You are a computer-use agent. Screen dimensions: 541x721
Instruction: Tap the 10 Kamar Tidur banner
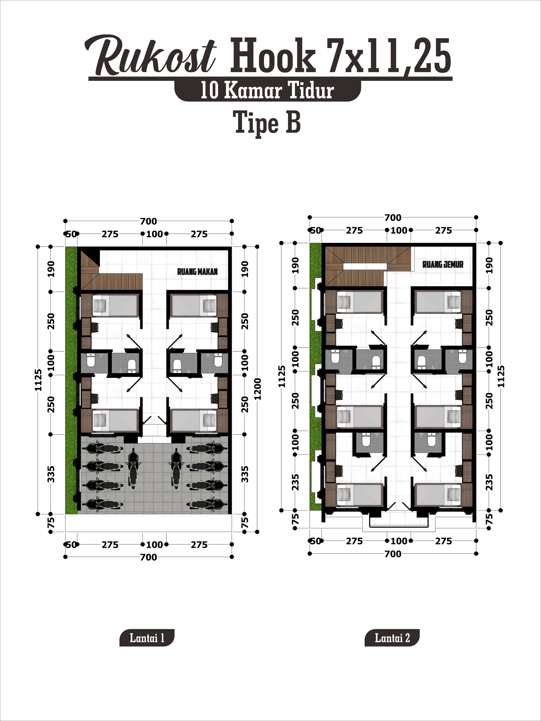pos(267,90)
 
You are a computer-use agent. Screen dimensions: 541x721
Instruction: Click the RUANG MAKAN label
pos(197,272)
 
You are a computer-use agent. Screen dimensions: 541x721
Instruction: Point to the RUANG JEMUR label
pos(443,264)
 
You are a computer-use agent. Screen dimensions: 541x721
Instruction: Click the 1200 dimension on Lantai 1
pos(258,389)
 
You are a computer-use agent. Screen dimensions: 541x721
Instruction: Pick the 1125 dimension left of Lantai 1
pos(38,380)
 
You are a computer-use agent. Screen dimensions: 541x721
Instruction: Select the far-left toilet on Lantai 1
pos(90,361)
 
